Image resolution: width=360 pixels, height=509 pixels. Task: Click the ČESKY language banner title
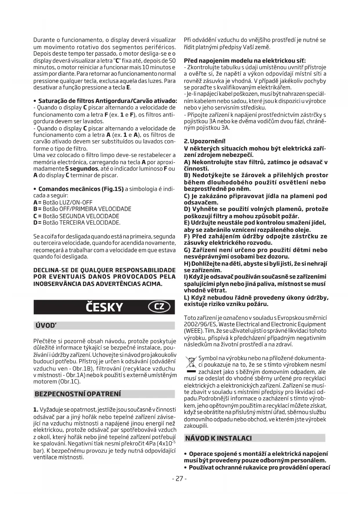coord(104,307)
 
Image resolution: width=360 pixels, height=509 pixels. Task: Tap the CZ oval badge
coord(159,307)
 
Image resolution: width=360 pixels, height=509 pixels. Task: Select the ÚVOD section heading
coord(46,325)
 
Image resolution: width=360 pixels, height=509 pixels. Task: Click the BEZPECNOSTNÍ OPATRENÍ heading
coord(78,394)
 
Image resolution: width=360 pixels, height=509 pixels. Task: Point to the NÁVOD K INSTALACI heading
coord(218,438)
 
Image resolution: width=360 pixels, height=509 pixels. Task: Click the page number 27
coord(180,479)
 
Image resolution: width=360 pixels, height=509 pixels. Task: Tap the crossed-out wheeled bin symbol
coord(191,363)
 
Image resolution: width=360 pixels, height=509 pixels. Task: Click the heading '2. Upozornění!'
coord(205,142)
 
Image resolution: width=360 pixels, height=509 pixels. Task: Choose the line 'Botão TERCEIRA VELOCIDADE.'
coord(81,223)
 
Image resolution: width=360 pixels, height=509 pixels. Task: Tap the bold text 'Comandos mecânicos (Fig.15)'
coord(81,189)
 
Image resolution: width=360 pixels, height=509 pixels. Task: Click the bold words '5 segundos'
coord(82,169)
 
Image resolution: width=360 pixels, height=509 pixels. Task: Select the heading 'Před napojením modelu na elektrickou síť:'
coord(245,61)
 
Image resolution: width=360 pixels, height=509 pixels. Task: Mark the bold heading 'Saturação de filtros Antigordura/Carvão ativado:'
coord(108,101)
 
